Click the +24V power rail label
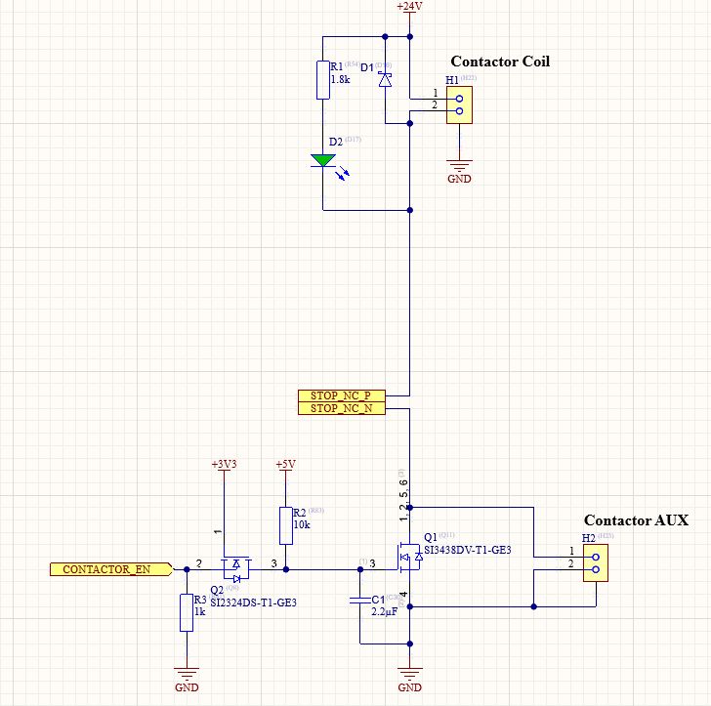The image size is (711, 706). point(409,7)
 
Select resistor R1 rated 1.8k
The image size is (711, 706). point(322,80)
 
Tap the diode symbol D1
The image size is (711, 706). point(385,80)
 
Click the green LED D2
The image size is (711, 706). point(322,161)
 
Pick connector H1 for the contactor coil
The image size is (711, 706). point(458,104)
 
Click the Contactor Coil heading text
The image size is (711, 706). point(499,62)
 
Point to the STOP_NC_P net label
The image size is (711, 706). point(341,395)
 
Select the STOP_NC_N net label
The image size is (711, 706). point(341,409)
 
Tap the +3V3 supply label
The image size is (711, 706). point(225,464)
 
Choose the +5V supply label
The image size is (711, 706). point(285,464)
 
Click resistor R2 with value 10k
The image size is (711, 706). point(285,525)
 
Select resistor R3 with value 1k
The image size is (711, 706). point(186,612)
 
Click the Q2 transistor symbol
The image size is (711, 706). point(235,565)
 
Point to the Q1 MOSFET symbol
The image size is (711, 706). point(408,557)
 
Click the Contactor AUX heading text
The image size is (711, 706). point(636,520)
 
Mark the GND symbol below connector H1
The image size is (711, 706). point(458,168)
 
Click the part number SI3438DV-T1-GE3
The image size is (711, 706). point(467,551)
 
